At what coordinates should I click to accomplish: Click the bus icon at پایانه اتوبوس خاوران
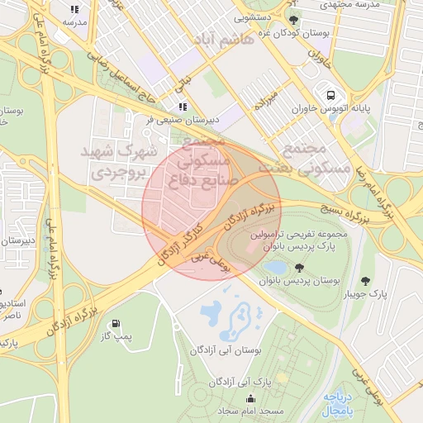[x=330, y=95]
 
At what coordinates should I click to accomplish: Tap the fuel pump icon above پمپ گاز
[x=113, y=323]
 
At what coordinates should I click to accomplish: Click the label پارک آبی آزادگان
[x=242, y=382]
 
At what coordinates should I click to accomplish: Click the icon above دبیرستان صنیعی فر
[x=183, y=107]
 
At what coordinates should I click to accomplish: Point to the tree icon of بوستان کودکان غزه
[x=292, y=19]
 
